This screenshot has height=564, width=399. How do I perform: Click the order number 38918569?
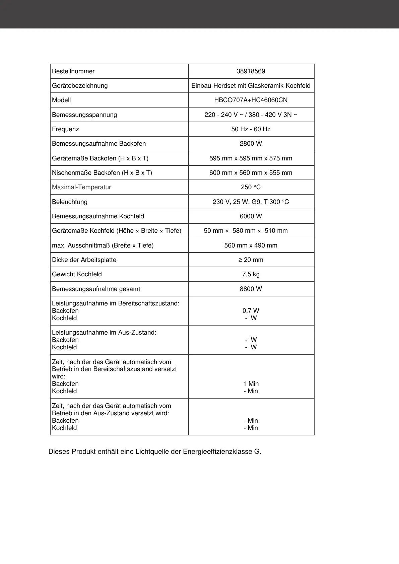(x=251, y=71)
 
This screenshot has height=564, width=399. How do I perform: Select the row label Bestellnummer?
(x=73, y=71)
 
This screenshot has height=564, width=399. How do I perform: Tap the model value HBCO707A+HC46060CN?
(x=251, y=100)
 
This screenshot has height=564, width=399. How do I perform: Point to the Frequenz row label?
(x=65, y=129)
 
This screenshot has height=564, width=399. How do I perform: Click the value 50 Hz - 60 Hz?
(x=251, y=129)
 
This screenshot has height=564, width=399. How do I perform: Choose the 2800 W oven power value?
(x=251, y=144)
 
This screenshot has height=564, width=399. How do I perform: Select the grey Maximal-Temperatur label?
(x=81, y=187)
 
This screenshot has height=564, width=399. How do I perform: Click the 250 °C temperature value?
(x=251, y=187)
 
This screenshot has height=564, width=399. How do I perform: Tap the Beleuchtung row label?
(x=70, y=202)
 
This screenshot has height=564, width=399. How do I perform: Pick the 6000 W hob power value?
(x=251, y=216)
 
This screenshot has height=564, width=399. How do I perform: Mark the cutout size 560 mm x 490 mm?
(x=251, y=245)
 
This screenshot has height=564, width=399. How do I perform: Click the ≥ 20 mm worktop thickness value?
(x=251, y=260)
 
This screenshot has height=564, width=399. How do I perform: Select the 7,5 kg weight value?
(x=251, y=274)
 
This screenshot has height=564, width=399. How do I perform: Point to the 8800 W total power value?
(x=251, y=289)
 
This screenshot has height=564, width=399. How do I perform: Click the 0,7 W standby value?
(x=251, y=311)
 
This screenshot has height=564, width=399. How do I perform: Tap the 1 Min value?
(x=251, y=384)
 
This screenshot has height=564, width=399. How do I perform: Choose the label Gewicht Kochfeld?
(x=77, y=274)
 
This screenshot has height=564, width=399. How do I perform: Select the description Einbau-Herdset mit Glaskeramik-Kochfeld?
(x=251, y=86)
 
